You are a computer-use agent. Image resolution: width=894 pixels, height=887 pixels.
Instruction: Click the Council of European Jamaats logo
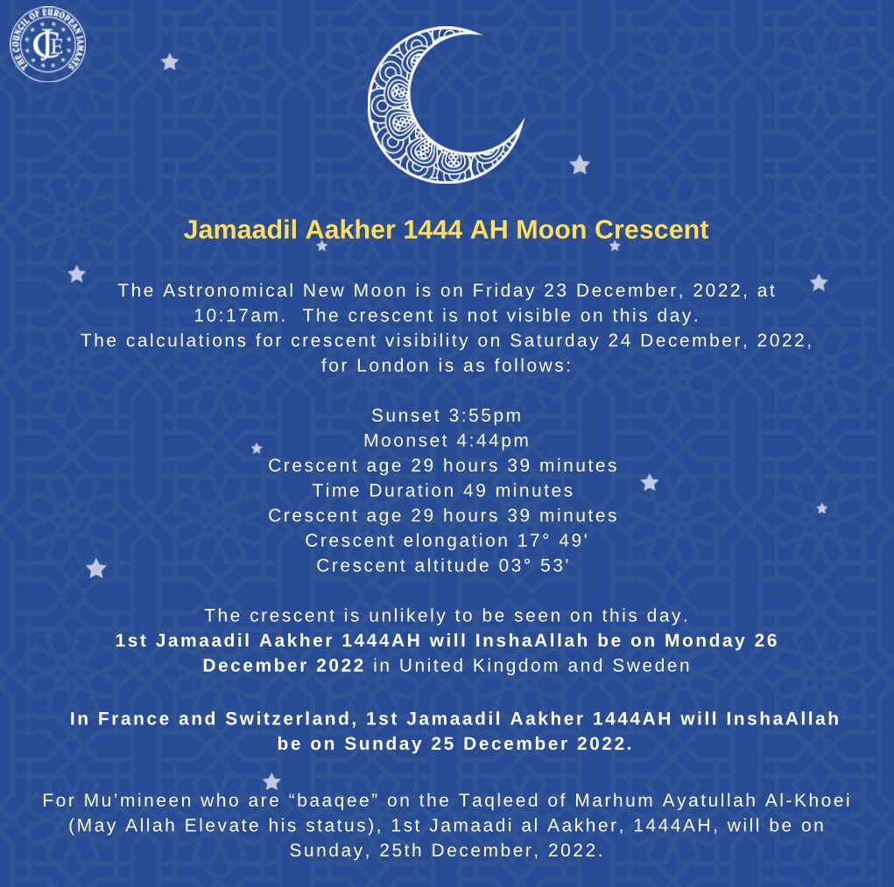click(47, 44)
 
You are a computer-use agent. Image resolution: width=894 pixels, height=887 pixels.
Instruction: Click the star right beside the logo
click(170, 62)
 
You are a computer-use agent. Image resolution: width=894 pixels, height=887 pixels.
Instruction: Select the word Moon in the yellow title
click(553, 230)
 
